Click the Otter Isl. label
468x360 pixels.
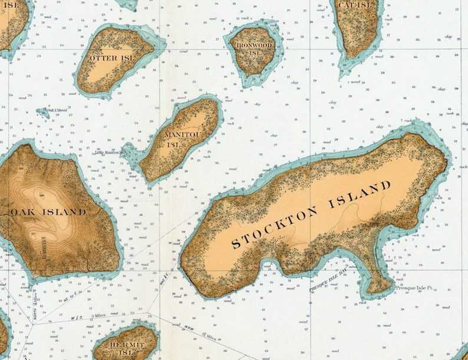point(111,58)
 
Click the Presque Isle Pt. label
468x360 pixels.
point(414,288)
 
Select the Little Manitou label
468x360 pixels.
point(108,152)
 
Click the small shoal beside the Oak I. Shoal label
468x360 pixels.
point(42,112)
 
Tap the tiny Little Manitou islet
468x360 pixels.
point(125,150)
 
